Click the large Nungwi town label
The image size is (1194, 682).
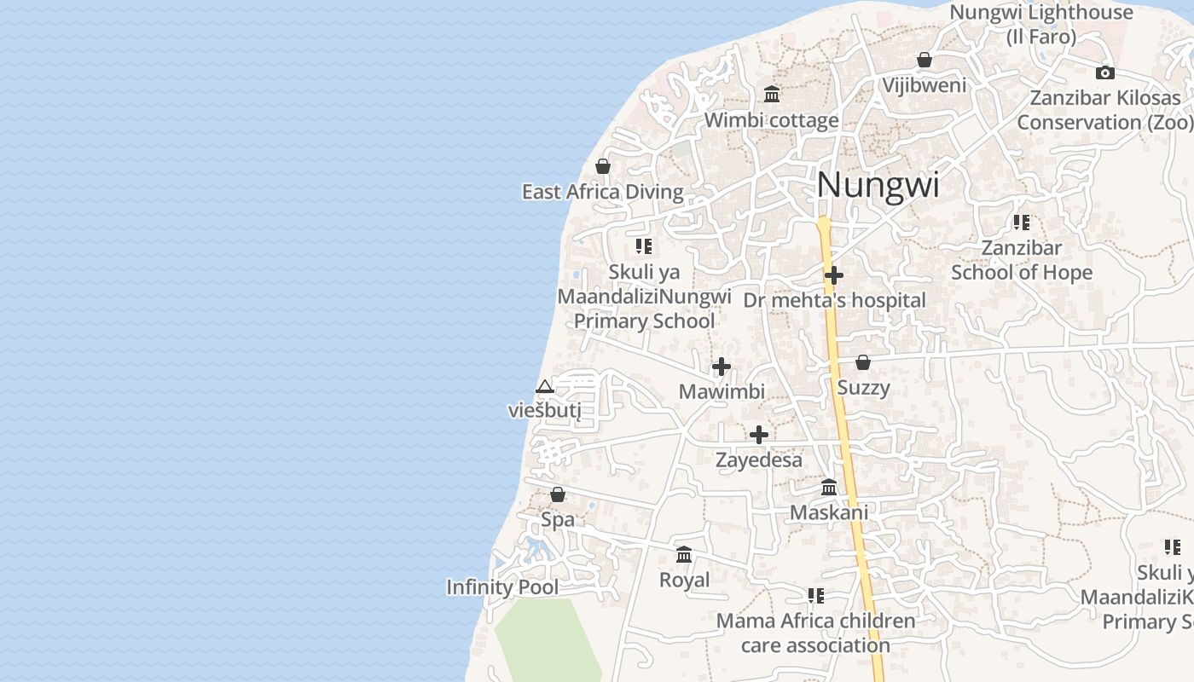click(x=878, y=185)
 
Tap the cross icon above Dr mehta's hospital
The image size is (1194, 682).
click(x=834, y=275)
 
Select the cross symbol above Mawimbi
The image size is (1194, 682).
click(x=722, y=367)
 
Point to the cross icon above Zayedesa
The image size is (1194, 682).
click(x=758, y=435)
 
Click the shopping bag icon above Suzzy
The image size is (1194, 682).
click(x=863, y=362)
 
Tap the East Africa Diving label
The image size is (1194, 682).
click(x=602, y=192)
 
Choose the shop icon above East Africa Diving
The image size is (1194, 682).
click(x=603, y=165)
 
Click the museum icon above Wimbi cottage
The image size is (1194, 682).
click(x=772, y=94)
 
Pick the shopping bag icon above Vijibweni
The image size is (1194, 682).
click(x=924, y=60)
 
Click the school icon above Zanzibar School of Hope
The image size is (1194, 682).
click(x=1021, y=223)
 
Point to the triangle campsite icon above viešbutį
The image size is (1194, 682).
click(x=544, y=387)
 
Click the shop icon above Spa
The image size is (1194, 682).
click(x=557, y=494)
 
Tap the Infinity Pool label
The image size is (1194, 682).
click(x=502, y=587)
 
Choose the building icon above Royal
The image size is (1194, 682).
click(x=684, y=555)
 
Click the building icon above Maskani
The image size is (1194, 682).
click(x=828, y=487)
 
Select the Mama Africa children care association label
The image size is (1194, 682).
click(x=815, y=633)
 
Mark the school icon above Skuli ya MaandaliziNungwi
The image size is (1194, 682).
click(x=644, y=247)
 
